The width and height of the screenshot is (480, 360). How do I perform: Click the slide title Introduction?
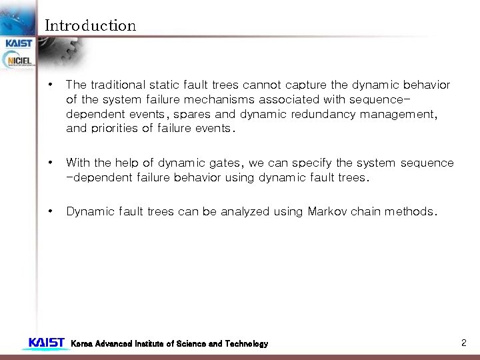[90, 26]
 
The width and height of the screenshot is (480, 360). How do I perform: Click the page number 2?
[463, 343]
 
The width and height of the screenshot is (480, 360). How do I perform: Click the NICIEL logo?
[19, 61]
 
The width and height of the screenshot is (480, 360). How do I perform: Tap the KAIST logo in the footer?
[46, 343]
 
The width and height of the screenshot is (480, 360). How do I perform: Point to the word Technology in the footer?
[246, 344]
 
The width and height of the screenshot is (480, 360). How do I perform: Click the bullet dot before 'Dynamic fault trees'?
[51, 212]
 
